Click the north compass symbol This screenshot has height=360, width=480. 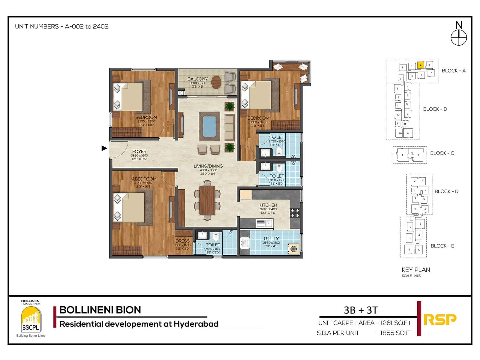[x=459, y=37]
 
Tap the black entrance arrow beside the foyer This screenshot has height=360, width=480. [x=104, y=148]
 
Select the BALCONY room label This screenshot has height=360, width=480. [x=197, y=79]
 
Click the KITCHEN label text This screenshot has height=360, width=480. [x=268, y=205]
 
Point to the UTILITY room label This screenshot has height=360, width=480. [x=271, y=238]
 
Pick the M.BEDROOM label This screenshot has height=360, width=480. [x=143, y=179]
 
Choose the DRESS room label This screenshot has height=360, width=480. [x=182, y=241]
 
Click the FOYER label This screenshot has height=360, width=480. [x=139, y=151]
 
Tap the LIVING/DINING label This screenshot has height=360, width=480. [x=208, y=166]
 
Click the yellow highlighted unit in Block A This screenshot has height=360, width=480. [x=421, y=65]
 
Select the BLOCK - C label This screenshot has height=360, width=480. [x=442, y=153]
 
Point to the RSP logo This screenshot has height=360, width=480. [x=440, y=319]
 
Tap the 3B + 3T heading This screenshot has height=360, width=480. [x=361, y=310]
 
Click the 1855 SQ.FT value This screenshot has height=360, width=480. [x=396, y=333]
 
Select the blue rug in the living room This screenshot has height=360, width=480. [x=209, y=126]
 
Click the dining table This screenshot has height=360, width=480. [x=207, y=200]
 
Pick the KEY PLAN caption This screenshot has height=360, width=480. [x=416, y=270]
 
